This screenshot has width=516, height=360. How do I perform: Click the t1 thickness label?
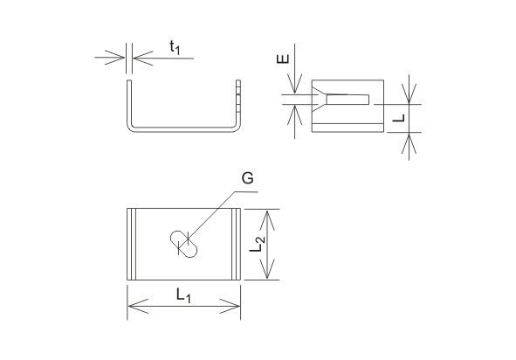[175, 48]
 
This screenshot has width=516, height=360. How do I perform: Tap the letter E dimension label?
[283, 59]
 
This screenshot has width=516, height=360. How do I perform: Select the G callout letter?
[247, 178]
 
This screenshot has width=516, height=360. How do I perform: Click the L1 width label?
[183, 295]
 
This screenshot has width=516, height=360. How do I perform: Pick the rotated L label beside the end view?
[399, 118]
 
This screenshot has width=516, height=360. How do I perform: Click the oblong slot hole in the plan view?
[183, 244]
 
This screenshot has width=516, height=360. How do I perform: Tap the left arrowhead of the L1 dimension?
[138, 307]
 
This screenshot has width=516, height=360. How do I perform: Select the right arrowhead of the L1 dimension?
[230, 307]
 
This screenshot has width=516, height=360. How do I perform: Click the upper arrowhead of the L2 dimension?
[267, 220]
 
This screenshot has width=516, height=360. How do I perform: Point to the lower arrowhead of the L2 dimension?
[267, 269]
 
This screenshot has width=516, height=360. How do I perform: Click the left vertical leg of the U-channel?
[129, 103]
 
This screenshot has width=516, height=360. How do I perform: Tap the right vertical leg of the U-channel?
[238, 103]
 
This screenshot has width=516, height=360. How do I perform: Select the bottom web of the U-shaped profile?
[183, 129]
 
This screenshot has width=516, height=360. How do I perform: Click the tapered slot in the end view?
[341, 99]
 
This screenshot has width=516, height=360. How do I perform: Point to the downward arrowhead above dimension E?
[294, 83]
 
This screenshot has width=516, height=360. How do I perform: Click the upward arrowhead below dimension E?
[294, 115]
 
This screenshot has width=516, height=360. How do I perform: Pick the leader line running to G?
[218, 216]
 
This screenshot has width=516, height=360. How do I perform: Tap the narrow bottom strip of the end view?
[347, 128]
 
